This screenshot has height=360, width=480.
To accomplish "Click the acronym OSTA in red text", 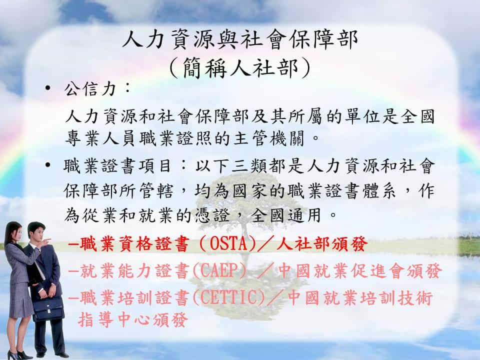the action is click(x=228, y=244).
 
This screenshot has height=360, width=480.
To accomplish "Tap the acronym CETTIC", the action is click(x=229, y=297).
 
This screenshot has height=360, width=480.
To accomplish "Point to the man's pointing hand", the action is click(x=46, y=241).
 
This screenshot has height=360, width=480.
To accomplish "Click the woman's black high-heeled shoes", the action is click(x=19, y=355).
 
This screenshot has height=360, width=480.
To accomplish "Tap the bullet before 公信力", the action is click(x=47, y=88).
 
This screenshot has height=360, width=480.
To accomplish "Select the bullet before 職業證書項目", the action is click(x=47, y=165).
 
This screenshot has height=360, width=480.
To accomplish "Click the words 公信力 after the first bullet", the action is click(x=90, y=89).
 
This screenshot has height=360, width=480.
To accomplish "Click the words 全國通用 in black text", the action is click(x=286, y=215).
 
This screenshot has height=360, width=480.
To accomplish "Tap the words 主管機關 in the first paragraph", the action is click(x=269, y=138).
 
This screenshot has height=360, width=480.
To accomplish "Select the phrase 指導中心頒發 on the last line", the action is click(x=133, y=319).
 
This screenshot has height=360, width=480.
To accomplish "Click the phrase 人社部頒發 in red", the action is click(x=321, y=244).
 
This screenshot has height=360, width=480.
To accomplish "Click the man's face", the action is click(x=36, y=232).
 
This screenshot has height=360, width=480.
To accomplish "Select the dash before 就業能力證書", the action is click(x=73, y=271).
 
